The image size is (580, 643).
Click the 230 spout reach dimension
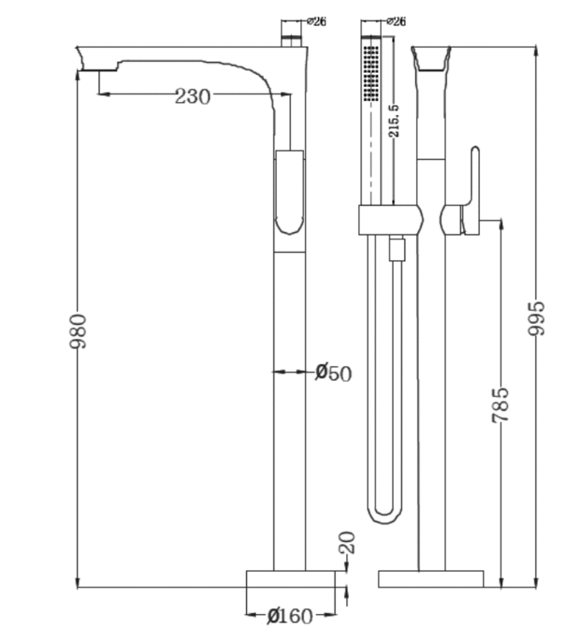tap(192, 96)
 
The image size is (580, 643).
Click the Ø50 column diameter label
tap(333, 373)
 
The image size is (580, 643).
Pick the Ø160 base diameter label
tap(290, 616)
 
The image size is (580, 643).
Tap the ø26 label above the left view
tap(316, 22)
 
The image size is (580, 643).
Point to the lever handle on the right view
tap(471, 191)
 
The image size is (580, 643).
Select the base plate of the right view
tap(430, 578)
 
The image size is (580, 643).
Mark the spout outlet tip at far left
tap(84, 60)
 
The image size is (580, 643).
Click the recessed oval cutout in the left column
tap(288, 191)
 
